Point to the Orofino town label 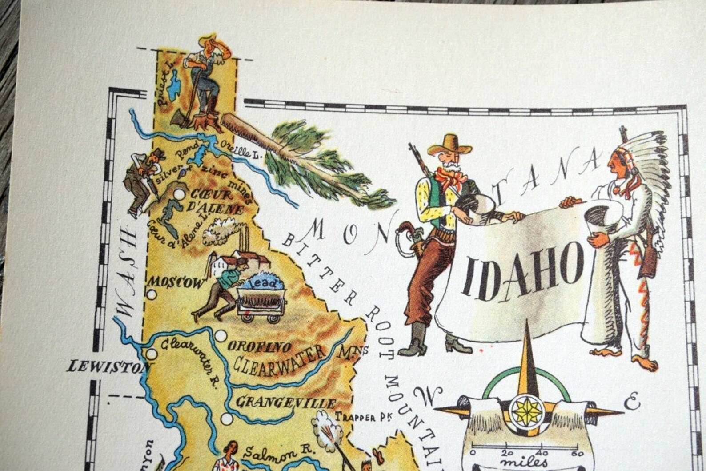[260, 346]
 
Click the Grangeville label [285, 403]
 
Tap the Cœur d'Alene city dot [179, 194]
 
